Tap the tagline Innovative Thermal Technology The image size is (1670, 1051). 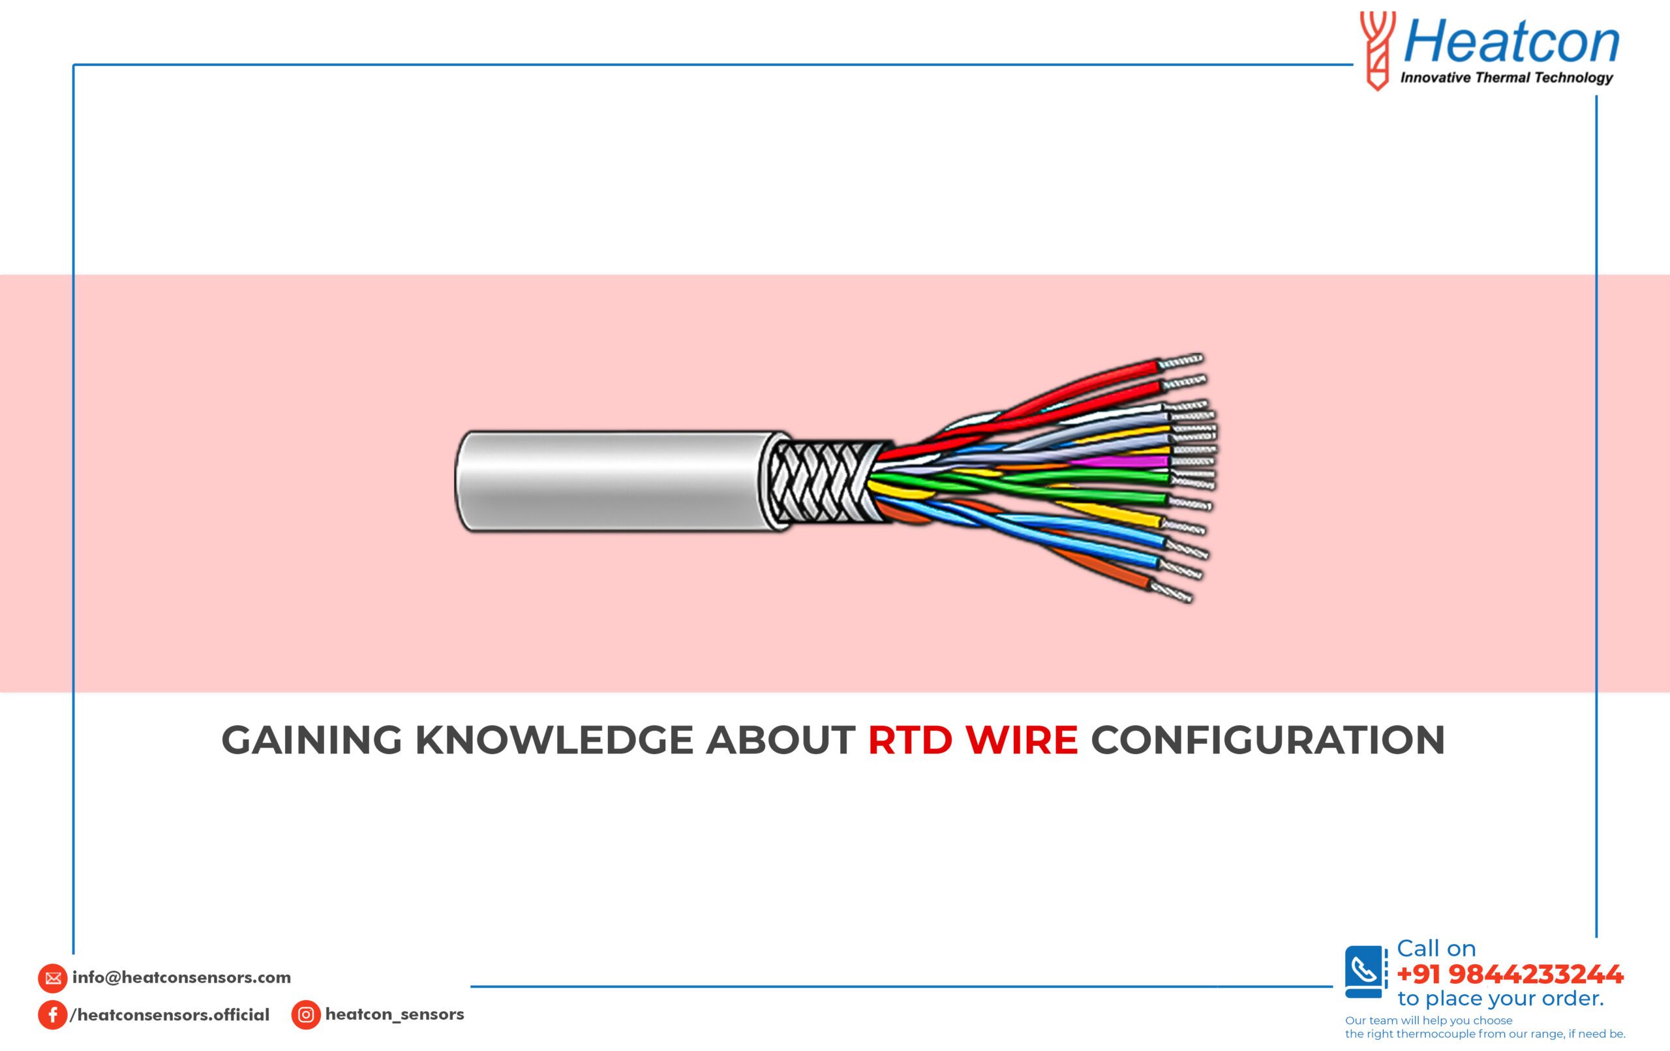pos(1506,78)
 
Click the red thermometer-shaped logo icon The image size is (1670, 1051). pos(1376,51)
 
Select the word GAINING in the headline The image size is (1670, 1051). pos(312,740)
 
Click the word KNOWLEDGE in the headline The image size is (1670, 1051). pos(553,740)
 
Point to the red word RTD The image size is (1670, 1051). pos(910,740)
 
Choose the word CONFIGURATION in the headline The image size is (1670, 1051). pos(1268,740)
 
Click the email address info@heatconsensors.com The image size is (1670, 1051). pos(182,977)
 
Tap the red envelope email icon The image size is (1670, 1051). pos(53,978)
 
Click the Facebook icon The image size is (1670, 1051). pos(53,1015)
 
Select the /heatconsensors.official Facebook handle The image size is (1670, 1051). pos(170,1015)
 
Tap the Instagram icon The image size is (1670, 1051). pos(306,1015)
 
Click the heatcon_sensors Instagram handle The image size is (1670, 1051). pos(395,1014)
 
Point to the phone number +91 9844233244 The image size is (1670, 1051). pos(1510,975)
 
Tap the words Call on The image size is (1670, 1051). pos(1436,949)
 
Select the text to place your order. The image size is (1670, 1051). pos(1501,999)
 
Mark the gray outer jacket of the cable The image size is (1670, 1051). pos(617,481)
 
